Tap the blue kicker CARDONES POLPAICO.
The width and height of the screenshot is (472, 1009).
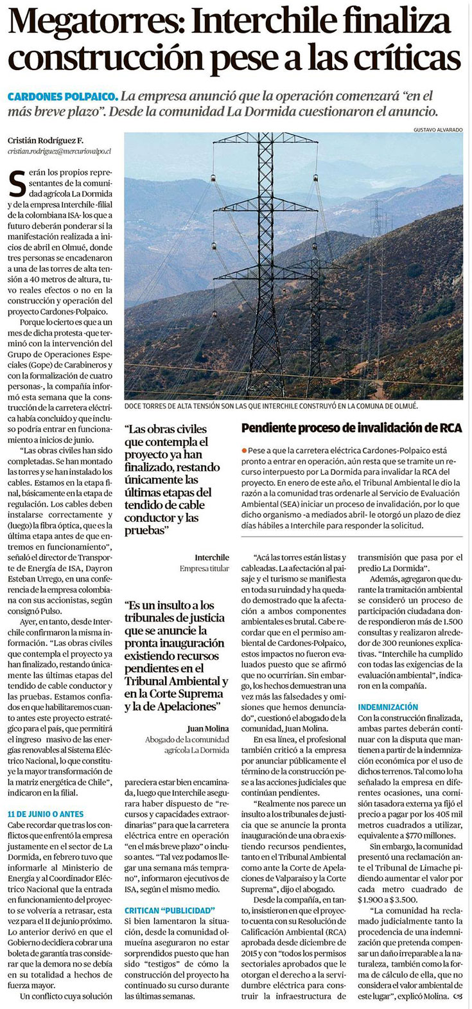click(x=62, y=96)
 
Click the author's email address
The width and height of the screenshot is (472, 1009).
click(x=60, y=151)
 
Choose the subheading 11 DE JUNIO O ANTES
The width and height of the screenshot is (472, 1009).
click(x=45, y=814)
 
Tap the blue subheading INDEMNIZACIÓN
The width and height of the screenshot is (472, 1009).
click(x=388, y=707)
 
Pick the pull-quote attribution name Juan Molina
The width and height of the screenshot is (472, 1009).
click(x=207, y=729)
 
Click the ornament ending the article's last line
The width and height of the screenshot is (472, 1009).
click(x=457, y=996)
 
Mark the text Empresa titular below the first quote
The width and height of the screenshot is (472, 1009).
click(x=204, y=569)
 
